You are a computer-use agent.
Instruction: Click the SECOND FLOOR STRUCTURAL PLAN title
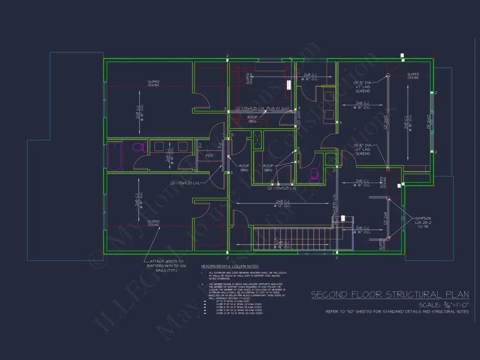[x=390, y=295]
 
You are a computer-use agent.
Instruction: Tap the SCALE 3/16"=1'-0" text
[x=443, y=305]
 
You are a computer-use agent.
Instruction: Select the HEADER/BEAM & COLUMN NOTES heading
[x=230, y=266]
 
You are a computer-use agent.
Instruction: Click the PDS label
[x=209, y=155]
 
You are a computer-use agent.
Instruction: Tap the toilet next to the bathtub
[x=138, y=147]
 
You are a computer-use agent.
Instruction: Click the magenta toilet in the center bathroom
[x=314, y=175]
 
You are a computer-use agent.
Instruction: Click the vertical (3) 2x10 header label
[x=429, y=123]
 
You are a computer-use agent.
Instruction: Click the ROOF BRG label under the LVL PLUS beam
[x=253, y=119]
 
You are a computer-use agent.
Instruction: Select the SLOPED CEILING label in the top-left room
[x=153, y=83]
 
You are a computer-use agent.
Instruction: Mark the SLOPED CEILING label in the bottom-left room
[x=153, y=223]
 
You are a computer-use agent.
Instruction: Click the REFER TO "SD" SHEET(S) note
[x=397, y=312]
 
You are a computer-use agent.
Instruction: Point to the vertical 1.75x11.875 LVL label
[x=334, y=209]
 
